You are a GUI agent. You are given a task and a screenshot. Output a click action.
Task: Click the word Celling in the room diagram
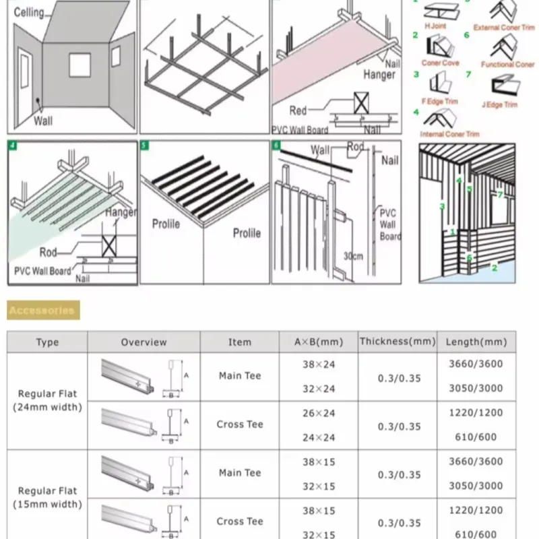click(29, 12)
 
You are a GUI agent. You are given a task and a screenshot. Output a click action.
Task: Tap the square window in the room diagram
click(79, 65)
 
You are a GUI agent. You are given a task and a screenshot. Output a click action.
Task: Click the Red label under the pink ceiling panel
click(298, 110)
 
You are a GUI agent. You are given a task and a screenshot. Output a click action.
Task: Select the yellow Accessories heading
click(42, 311)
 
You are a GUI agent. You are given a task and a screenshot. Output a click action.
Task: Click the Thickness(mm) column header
click(398, 342)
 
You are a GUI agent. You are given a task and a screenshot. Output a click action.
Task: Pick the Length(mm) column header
click(476, 342)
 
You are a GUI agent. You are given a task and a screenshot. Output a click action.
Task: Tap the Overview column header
click(144, 342)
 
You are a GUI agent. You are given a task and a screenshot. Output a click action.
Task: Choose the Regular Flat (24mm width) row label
click(47, 400)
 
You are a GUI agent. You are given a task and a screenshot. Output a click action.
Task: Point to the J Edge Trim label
click(499, 104)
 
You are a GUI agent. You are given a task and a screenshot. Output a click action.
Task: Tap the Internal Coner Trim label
click(450, 134)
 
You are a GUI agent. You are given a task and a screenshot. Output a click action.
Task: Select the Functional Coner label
click(507, 65)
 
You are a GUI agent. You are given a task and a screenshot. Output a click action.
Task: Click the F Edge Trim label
click(440, 101)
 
